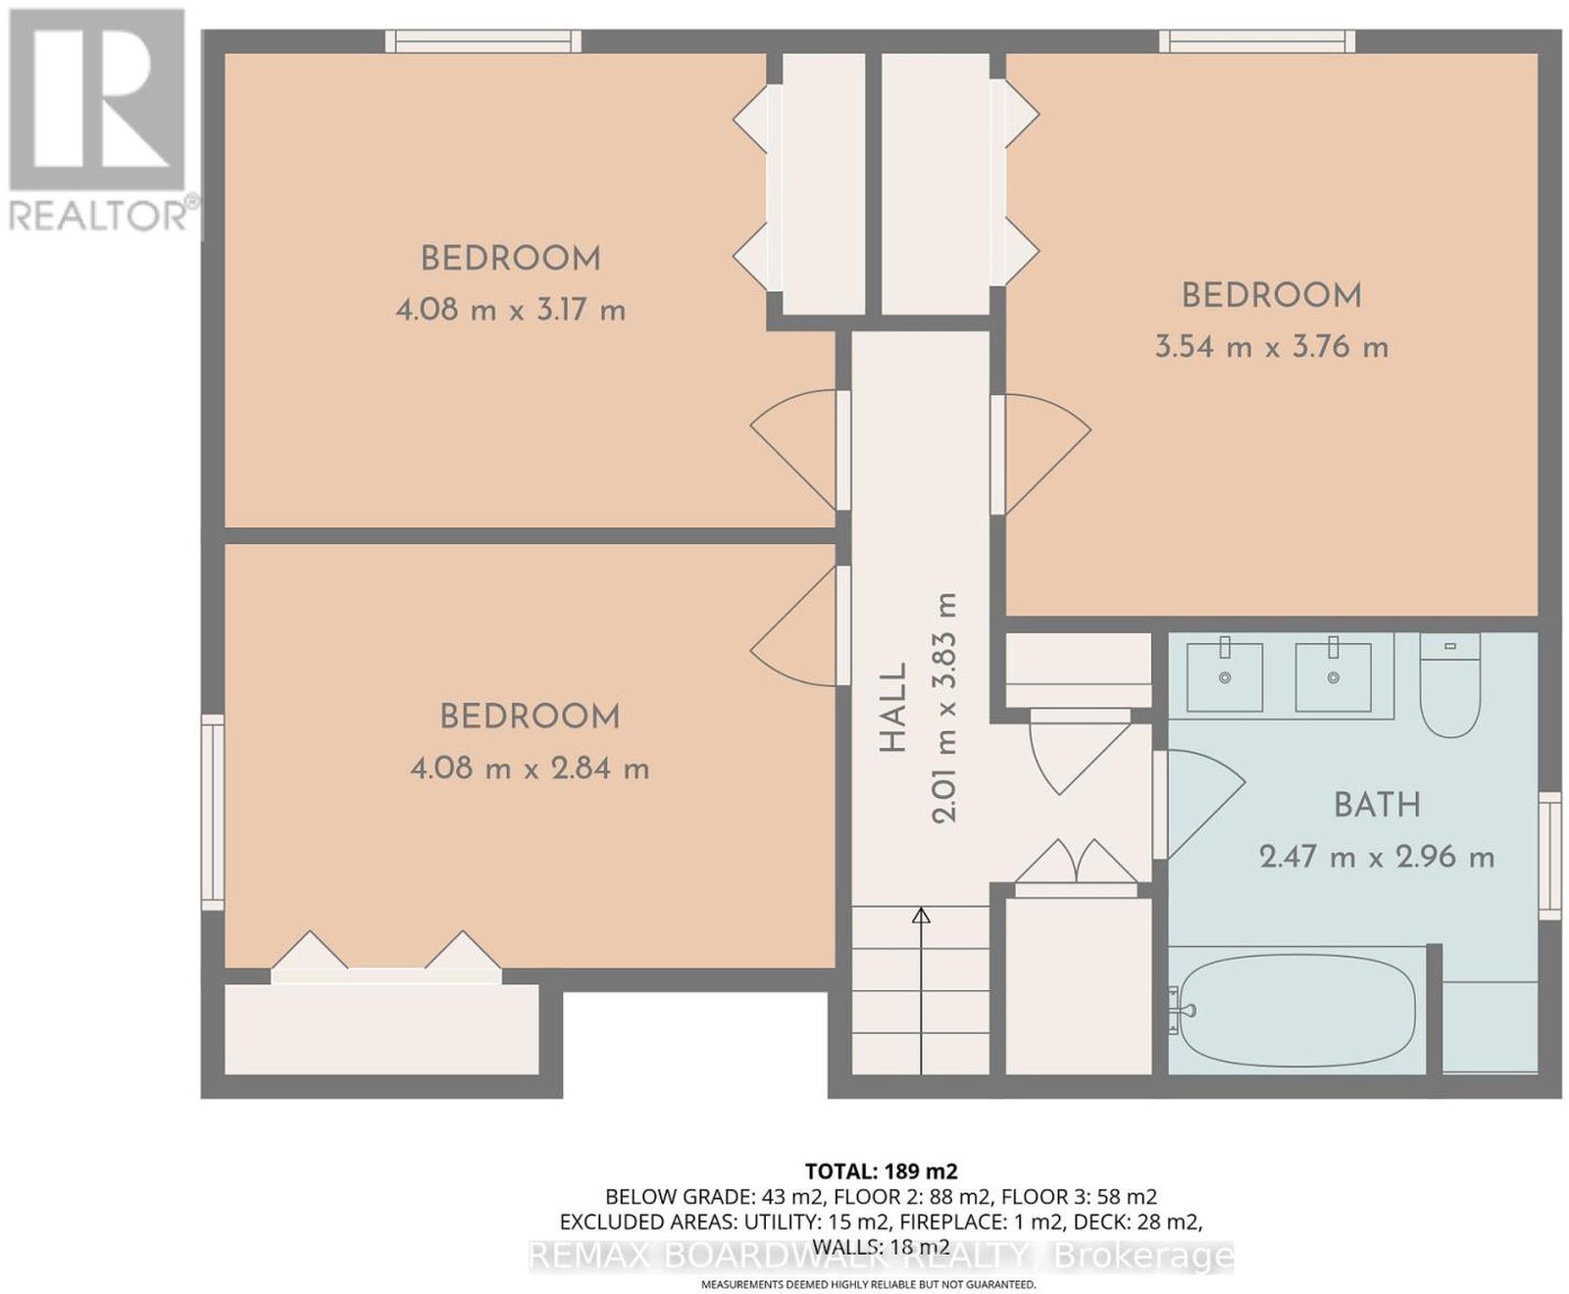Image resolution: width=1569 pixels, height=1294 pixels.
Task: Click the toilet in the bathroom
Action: click(x=1449, y=686)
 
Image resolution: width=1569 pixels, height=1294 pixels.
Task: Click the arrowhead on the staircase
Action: click(x=921, y=917)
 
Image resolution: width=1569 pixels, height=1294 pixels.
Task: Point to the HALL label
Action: click(x=892, y=709)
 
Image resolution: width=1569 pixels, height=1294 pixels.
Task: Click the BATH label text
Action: click(x=1377, y=805)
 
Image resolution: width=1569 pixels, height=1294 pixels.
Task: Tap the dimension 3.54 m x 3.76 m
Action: click(x=1272, y=347)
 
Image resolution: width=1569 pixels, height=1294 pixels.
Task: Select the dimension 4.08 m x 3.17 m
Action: click(x=511, y=311)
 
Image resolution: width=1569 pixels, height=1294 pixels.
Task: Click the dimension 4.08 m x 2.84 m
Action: click(x=530, y=769)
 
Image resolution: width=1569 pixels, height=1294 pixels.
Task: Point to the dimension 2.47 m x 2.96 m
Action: click(x=1377, y=858)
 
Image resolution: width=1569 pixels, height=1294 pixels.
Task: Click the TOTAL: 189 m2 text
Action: click(x=881, y=1170)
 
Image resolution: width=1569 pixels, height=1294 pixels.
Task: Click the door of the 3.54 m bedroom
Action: click(x=1040, y=454)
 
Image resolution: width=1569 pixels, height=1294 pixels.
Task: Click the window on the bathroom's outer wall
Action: click(x=1548, y=856)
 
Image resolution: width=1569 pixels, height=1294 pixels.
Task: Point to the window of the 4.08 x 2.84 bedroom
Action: click(x=213, y=813)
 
